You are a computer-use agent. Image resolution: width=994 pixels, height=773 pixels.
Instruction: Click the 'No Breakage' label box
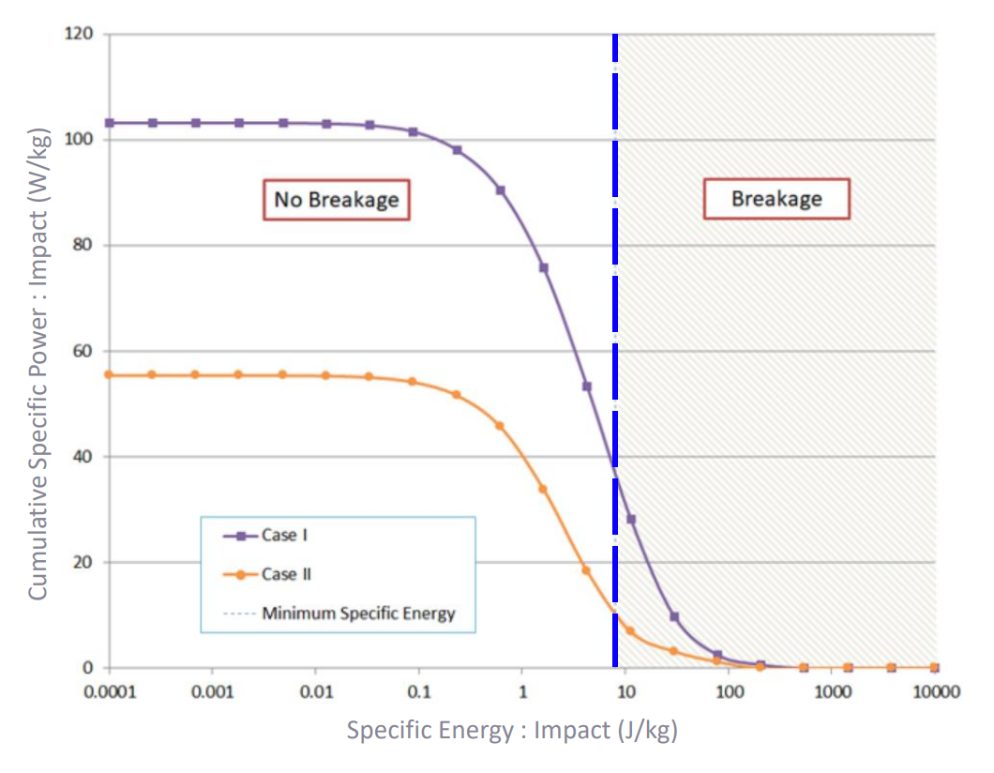[336, 200]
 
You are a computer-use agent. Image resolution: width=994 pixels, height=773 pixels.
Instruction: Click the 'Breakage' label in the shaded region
[776, 198]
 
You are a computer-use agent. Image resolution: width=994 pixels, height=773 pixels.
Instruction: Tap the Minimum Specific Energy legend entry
[357, 614]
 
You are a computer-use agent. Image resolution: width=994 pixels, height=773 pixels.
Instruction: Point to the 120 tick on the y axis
[80, 35]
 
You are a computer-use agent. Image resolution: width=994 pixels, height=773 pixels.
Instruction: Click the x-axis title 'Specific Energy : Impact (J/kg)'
[512, 730]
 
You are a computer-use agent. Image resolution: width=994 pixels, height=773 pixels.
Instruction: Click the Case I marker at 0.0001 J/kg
[110, 123]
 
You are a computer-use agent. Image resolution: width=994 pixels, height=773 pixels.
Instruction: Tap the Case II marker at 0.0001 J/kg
[110, 374]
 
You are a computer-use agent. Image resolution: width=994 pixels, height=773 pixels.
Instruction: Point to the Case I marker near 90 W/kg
[501, 190]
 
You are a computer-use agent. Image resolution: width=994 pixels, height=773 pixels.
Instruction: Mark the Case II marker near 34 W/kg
[543, 489]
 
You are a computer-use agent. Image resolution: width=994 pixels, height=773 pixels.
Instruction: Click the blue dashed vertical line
[615, 281]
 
